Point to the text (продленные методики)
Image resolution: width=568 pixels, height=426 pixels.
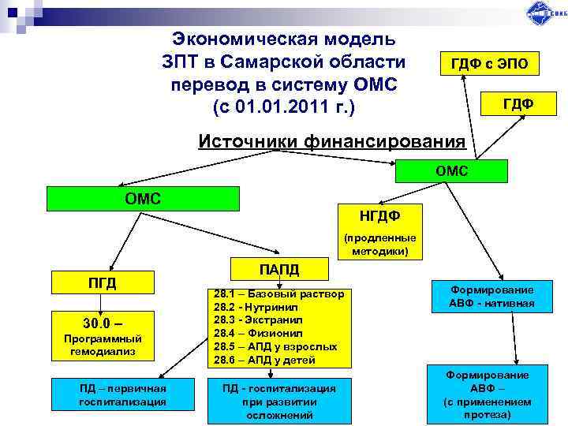(x=379, y=245)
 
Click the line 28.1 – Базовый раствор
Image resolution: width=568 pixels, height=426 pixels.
(x=278, y=294)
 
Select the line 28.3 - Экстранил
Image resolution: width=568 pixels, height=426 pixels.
(x=261, y=320)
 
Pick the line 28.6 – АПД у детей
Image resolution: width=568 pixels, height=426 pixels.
(x=265, y=360)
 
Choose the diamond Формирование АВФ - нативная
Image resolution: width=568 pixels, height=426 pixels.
(x=492, y=296)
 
